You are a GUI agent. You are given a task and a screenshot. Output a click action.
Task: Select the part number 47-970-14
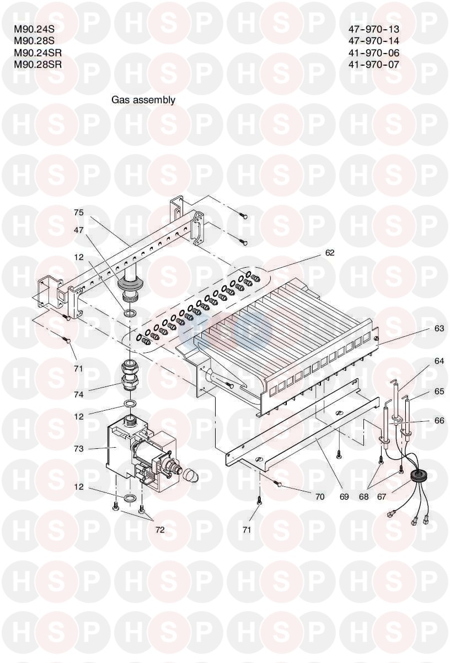(x=374, y=41)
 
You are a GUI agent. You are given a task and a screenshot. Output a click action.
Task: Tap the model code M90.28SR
(x=37, y=64)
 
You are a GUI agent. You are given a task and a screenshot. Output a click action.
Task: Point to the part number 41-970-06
(x=374, y=53)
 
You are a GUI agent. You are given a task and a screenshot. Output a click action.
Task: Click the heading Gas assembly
(x=143, y=100)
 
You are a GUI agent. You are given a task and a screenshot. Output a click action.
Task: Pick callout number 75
(x=79, y=212)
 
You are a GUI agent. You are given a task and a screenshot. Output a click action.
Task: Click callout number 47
(x=79, y=230)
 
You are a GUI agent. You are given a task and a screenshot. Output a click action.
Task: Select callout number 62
(x=330, y=253)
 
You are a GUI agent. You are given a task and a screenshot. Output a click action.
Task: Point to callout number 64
(x=438, y=362)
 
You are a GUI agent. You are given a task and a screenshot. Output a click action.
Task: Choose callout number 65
(x=438, y=391)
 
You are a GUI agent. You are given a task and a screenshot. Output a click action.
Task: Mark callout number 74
(x=79, y=395)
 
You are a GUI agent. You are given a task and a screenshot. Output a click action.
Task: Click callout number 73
(x=79, y=449)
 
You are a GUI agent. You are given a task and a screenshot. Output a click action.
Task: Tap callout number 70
(x=320, y=497)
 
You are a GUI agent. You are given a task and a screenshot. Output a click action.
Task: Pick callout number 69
(x=344, y=497)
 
